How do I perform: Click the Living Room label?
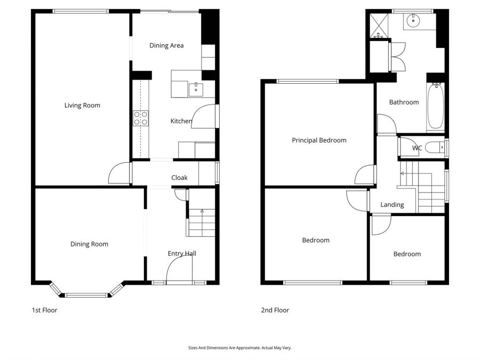pyautogui.click(x=82, y=106)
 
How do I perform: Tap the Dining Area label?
pyautogui.click(x=166, y=46)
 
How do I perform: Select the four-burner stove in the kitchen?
pyautogui.click(x=141, y=118)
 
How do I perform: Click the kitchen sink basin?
pyautogui.click(x=196, y=90)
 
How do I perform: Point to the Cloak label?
pyautogui.click(x=179, y=178)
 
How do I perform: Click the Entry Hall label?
pyautogui.click(x=182, y=253)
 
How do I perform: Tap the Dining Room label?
pyautogui.click(x=90, y=244)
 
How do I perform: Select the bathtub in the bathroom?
pyautogui.click(x=435, y=106)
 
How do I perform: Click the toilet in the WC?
pyautogui.click(x=435, y=148)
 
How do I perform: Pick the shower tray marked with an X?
pyautogui.click(x=379, y=26)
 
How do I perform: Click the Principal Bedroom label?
pyautogui.click(x=319, y=140)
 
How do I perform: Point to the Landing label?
pyautogui.click(x=392, y=205)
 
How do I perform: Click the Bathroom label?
pyautogui.click(x=404, y=102)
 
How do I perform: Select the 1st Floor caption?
pyautogui.click(x=45, y=310)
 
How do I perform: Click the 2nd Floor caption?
pyautogui.click(x=275, y=310)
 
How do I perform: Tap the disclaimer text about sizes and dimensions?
pyautogui.click(x=239, y=348)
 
